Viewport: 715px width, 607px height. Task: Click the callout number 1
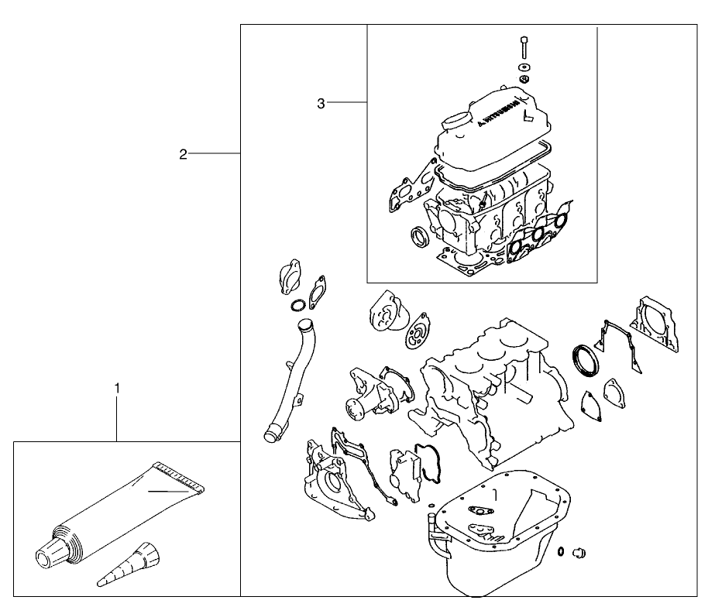point(117,385)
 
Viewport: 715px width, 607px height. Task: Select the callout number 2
point(183,154)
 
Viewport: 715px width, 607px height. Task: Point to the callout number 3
point(321,103)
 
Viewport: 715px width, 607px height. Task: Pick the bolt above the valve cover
point(524,48)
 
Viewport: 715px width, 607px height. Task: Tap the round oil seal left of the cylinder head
point(419,235)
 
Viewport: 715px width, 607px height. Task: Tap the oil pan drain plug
point(576,552)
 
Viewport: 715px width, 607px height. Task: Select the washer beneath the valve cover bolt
point(524,68)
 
